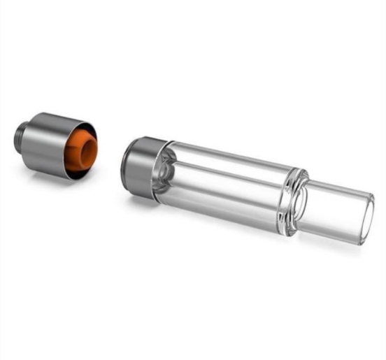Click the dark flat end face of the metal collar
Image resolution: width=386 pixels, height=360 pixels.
point(129,168)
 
